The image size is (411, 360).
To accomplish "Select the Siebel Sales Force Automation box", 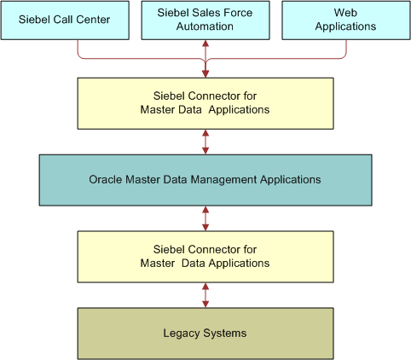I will pos(205,20).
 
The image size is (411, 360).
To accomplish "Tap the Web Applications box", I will pos(345,20).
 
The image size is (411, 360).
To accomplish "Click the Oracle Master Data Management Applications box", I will pos(205,180).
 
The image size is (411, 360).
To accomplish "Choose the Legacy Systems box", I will pos(205,333).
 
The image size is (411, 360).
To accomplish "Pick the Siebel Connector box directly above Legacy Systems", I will pos(205,256).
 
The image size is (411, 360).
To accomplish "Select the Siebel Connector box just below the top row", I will pos(205,103).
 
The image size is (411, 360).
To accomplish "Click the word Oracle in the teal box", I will pos(106,180).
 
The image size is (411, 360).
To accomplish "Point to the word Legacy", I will pos(181,333).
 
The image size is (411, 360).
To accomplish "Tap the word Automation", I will pos(205,26).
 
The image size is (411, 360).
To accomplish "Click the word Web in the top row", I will pos(345,13).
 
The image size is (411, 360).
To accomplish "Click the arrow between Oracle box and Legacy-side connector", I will pos(205,218).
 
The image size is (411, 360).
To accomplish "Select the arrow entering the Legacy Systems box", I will pos(205,294).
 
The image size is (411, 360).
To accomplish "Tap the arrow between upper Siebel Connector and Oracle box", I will pos(205,142).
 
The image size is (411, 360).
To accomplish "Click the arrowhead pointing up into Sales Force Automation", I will pos(205,44).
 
